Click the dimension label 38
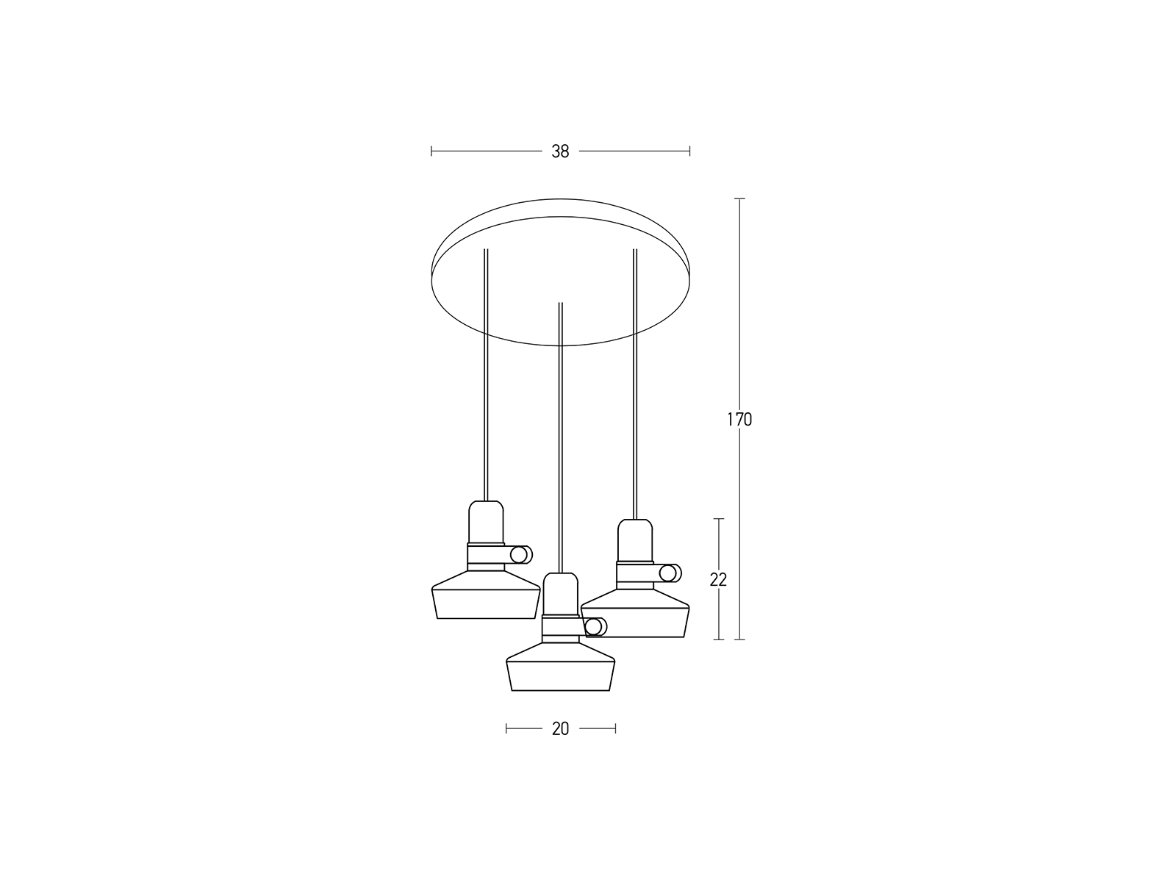(560, 151)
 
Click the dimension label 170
(739, 420)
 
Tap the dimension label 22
(718, 580)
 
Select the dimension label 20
(560, 729)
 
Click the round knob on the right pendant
(670, 573)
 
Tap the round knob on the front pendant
(595, 626)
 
